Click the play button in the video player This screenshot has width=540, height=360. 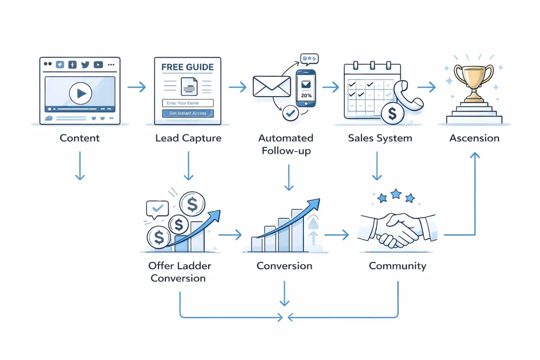pyautogui.click(x=81, y=93)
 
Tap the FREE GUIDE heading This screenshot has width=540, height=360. pyautogui.click(x=187, y=67)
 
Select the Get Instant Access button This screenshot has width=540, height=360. pyautogui.click(x=188, y=113)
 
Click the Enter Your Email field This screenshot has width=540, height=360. pyautogui.click(x=188, y=103)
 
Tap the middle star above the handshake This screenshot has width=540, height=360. pyautogui.click(x=396, y=194)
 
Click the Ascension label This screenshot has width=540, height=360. pyautogui.click(x=474, y=138)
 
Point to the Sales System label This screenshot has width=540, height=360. pyautogui.click(x=380, y=138)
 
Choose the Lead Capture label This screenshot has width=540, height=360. pyautogui.click(x=188, y=138)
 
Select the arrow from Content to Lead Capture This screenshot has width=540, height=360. pyautogui.click(x=137, y=87)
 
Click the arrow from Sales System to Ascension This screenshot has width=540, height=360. pyautogui.click(x=427, y=87)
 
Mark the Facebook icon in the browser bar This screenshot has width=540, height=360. pyautogui.click(x=72, y=65)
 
